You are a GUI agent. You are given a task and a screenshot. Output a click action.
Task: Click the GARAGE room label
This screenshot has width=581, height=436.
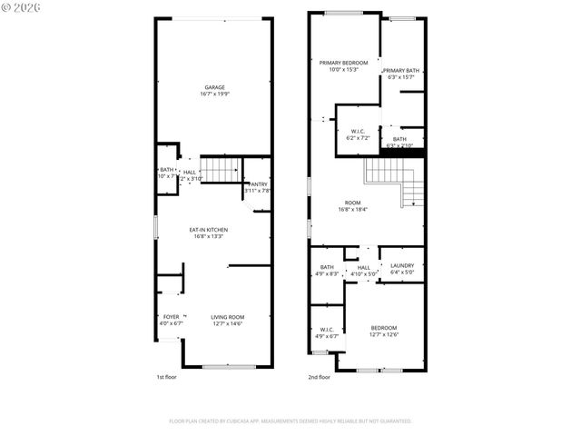pyautogui.click(x=214, y=87)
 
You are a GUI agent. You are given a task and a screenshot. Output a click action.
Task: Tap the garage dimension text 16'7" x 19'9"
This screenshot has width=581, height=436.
pyautogui.click(x=214, y=94)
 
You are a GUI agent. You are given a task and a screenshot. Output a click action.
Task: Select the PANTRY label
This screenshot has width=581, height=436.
pyautogui.click(x=258, y=184)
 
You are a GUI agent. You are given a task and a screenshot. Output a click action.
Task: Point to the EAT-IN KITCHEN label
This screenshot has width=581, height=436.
pyautogui.click(x=208, y=230)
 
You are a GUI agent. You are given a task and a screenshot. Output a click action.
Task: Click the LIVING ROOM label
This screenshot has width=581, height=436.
pyautogui.click(x=227, y=317)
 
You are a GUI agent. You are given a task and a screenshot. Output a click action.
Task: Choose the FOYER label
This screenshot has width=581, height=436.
pyautogui.click(x=171, y=317)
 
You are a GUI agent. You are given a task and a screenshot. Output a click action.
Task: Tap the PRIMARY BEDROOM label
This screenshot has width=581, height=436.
pyautogui.click(x=343, y=63)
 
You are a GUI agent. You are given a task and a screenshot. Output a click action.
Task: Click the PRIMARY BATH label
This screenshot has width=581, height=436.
pyautogui.click(x=400, y=70)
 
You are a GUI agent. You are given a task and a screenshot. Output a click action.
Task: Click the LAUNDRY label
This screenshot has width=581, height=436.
pyautogui.click(x=402, y=267)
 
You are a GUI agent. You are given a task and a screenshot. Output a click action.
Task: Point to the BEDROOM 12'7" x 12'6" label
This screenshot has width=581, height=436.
pyautogui.click(x=383, y=327)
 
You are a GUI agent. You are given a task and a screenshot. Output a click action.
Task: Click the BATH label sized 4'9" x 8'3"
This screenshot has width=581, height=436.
pyautogui.click(x=327, y=267)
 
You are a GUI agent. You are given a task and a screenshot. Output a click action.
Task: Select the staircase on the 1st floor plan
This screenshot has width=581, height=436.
pyautogui.click(x=219, y=168)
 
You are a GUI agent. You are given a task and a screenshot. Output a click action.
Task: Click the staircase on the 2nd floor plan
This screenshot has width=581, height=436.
pyautogui.click(x=399, y=182)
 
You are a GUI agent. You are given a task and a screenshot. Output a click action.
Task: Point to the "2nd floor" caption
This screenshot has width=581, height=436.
pyautogui.click(x=319, y=376)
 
